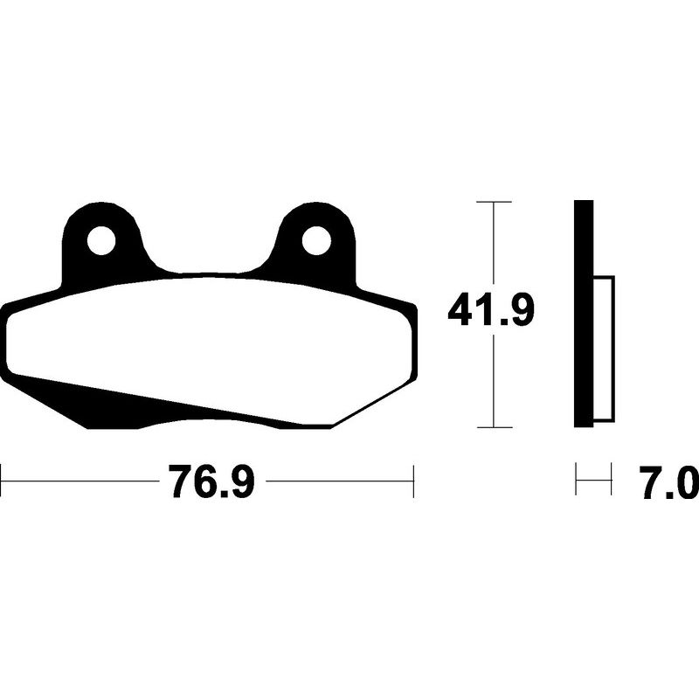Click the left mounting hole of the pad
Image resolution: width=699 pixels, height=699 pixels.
pyautogui.click(x=101, y=241)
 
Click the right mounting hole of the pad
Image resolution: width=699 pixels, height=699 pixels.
pyautogui.click(x=316, y=241)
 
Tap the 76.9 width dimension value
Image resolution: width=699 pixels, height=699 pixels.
pyautogui.click(x=211, y=481)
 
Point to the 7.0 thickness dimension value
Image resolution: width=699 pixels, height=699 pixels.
pyautogui.click(x=669, y=482)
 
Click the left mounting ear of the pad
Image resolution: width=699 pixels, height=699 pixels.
pyautogui.click(x=101, y=243)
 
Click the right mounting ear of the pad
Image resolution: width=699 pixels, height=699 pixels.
pyautogui.click(x=316, y=243)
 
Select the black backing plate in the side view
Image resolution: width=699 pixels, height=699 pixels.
pyautogui.click(x=584, y=314)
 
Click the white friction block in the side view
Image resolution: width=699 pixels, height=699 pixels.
pyautogui.click(x=604, y=349)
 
